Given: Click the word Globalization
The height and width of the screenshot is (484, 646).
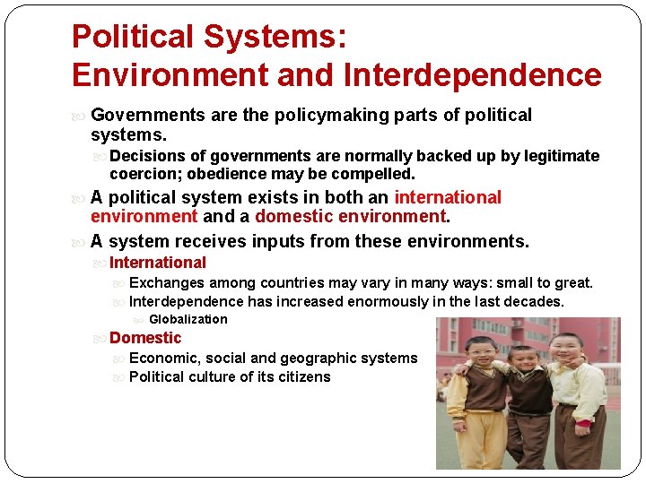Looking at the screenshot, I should tap(188, 319).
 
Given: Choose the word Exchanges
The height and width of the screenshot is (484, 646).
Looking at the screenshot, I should tap(167, 283).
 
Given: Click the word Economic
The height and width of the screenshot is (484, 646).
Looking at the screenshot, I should tap(161, 359).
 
